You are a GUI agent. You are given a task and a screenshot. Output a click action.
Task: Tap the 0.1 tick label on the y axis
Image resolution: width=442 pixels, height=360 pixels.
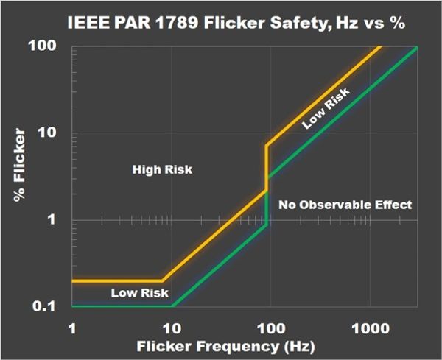pos(48,306)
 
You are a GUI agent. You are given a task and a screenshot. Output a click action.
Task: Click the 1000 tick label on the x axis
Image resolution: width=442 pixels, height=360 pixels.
pos(368,326)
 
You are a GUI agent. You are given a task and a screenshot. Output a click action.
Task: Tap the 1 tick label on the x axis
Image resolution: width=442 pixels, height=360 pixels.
pos(73,326)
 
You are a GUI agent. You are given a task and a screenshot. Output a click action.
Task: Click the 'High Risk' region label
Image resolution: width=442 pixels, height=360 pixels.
pos(162,170)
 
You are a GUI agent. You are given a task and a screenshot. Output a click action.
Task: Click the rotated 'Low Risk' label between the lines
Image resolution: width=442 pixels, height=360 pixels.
pos(325,110)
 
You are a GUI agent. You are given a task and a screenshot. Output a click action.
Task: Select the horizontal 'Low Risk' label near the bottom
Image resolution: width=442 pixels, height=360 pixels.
pos(134,292)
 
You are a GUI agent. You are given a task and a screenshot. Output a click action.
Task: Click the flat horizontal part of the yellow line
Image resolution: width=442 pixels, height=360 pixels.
pos(118,280)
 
